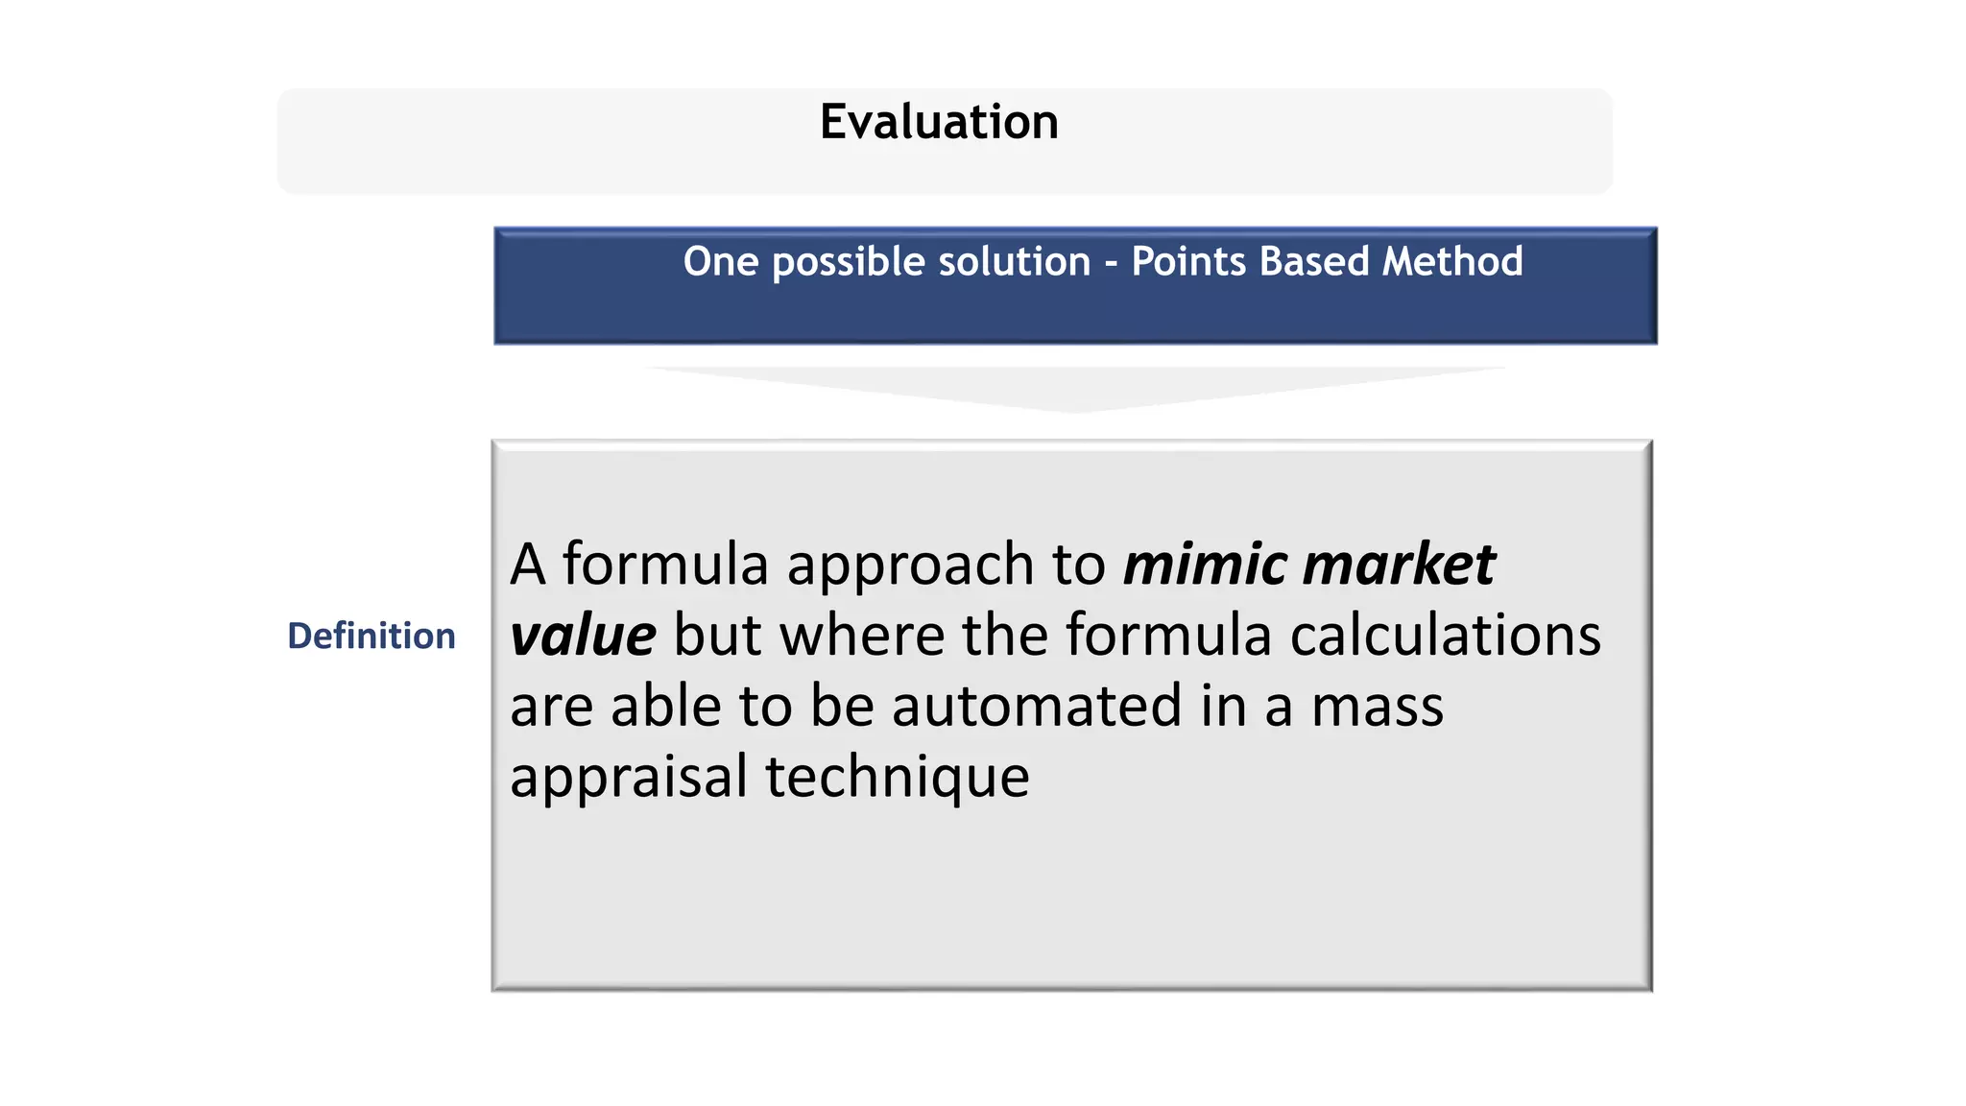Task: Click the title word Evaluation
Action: click(939, 123)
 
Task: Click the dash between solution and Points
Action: click(1111, 263)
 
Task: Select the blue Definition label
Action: click(372, 636)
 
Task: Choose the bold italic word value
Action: click(583, 636)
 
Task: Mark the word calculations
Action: click(1445, 636)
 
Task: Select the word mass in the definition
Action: click(1377, 708)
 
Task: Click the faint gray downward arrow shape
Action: click(1075, 388)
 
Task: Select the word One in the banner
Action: click(721, 261)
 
